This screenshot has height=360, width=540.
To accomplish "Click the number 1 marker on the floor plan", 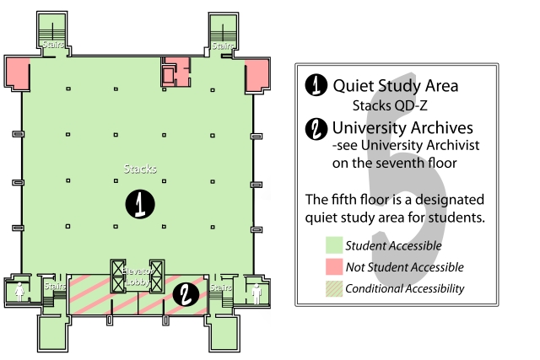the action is [x=140, y=204].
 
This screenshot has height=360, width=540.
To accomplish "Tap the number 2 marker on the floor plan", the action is [x=186, y=294].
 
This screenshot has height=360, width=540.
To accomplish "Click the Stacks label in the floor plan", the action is [x=140, y=169].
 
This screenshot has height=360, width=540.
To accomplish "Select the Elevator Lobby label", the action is [x=138, y=277].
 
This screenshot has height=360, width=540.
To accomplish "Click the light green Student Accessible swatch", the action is [x=334, y=245].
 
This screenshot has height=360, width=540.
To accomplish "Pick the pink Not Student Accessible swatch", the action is [x=334, y=266].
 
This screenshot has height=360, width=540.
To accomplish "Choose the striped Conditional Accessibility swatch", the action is [x=334, y=288].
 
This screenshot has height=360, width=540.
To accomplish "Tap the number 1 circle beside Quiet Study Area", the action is [x=316, y=84].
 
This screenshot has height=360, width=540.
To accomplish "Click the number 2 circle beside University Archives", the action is [x=316, y=129].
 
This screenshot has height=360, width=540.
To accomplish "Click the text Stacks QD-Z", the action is [x=390, y=105].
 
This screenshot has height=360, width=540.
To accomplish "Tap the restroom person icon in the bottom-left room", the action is [x=19, y=292].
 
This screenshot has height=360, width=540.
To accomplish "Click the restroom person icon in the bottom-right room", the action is [x=256, y=293].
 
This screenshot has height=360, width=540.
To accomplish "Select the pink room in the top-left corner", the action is [x=17, y=73].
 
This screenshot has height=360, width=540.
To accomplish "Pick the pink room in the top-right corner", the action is [x=256, y=75].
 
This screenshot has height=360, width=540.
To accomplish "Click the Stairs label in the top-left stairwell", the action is [x=53, y=45].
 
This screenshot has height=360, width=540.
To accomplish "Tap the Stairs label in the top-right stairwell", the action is [x=223, y=46].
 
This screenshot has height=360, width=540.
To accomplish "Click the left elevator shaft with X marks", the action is [x=118, y=277].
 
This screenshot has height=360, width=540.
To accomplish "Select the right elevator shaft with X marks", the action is [x=157, y=277].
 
